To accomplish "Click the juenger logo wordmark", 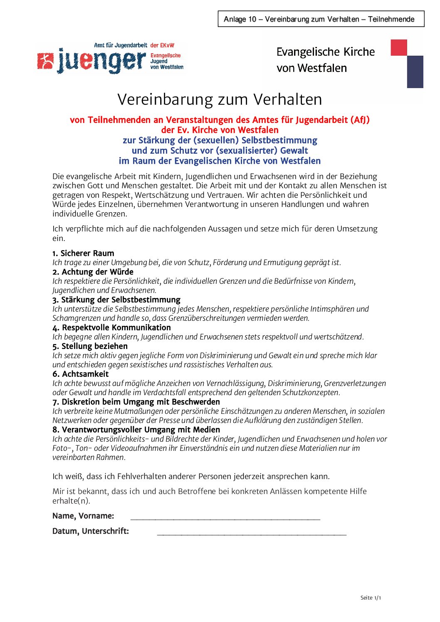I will (102, 61).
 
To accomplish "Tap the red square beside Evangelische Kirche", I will (398, 47).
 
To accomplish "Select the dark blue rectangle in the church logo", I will (415, 72).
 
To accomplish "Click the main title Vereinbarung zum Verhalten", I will (220, 99).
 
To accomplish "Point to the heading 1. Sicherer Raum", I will (83, 253).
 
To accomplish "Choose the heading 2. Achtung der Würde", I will (93, 272).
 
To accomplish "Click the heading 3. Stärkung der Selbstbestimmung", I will (116, 300).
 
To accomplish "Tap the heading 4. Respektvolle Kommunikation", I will (111, 327).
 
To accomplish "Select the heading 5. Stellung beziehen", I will (90, 346).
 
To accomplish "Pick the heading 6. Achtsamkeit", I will (80, 374).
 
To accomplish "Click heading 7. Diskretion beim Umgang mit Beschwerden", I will (136, 402).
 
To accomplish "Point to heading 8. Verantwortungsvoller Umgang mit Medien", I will (136, 430).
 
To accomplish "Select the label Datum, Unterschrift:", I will (91, 531).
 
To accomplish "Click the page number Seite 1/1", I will (371, 598).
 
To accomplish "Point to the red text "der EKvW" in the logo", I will (162, 45).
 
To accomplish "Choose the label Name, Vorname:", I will (83, 516).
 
